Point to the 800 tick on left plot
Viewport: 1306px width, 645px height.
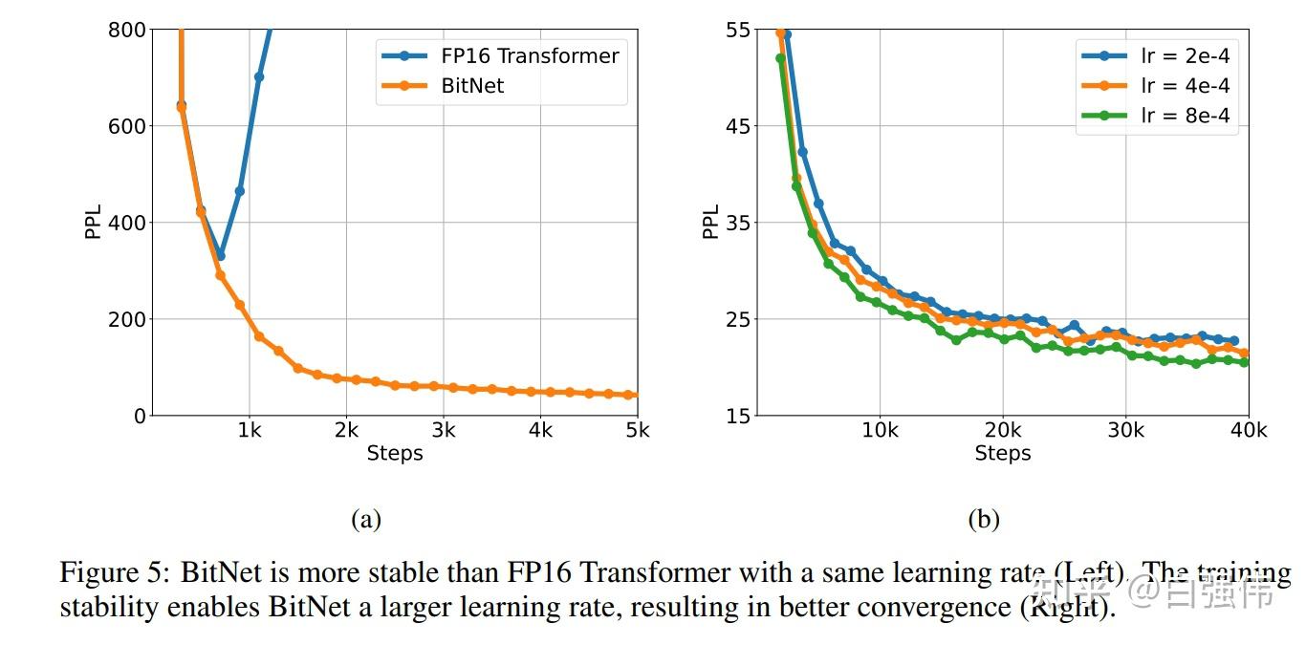(126, 31)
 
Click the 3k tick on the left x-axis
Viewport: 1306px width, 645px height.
(442, 431)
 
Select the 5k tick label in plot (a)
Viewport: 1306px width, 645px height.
(637, 431)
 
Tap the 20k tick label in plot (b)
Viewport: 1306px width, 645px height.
(1002, 431)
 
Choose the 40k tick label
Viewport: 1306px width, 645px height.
(1248, 431)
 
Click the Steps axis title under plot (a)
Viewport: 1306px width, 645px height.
(394, 454)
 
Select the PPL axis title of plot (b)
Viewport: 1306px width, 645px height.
(710, 223)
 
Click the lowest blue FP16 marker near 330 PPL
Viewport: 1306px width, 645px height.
(220, 256)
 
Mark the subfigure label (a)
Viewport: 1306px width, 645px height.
(366, 520)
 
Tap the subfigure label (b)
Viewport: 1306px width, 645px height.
(984, 520)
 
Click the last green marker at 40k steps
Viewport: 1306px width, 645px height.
(1244, 362)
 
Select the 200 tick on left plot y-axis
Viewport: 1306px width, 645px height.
(126, 319)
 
